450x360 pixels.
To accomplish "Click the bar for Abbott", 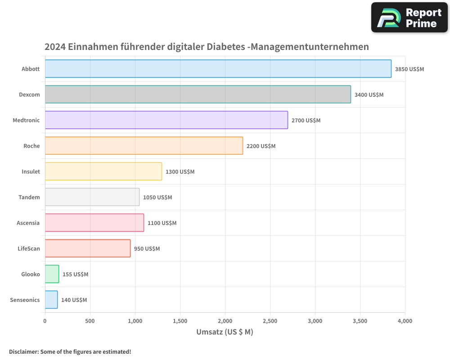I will [x=218, y=69].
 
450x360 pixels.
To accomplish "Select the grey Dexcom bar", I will [x=198, y=94].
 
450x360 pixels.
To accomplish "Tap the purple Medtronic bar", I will [x=166, y=120].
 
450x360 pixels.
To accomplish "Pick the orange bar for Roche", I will [x=144, y=146].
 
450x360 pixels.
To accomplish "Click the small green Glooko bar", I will [x=52, y=274].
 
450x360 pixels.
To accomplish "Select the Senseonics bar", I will [x=51, y=300].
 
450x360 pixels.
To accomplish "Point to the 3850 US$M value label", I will [x=409, y=69].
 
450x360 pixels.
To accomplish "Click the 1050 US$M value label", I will [x=157, y=198].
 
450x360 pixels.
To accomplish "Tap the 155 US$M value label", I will [x=75, y=274].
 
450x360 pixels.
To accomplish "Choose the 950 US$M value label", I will [x=147, y=249].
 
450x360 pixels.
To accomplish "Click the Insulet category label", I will [x=31, y=171].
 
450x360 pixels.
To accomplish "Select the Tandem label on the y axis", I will [x=29, y=197].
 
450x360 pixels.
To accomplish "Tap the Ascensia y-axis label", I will [x=28, y=223].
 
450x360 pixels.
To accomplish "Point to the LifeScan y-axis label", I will [x=29, y=248].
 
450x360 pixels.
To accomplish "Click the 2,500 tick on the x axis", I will [x=270, y=321].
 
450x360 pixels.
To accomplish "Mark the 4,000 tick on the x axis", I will [x=405, y=321].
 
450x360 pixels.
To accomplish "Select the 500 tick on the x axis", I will [x=90, y=321].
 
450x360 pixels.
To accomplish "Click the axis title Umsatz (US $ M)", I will [x=225, y=332].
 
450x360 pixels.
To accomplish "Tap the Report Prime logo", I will [x=409, y=18].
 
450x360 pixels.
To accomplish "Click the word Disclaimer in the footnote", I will [x=23, y=351].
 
